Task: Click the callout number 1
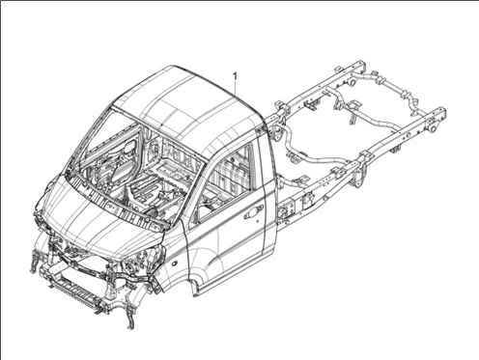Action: coord(236,77)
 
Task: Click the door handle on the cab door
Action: coord(253,212)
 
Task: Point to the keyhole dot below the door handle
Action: coord(258,221)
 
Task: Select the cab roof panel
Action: coord(190,106)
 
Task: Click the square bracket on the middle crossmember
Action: coord(352,105)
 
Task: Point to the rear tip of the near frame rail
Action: coord(442,113)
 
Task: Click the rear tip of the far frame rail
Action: coord(362,66)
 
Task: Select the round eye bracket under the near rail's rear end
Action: coord(433,128)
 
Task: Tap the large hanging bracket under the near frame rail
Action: coord(359,177)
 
